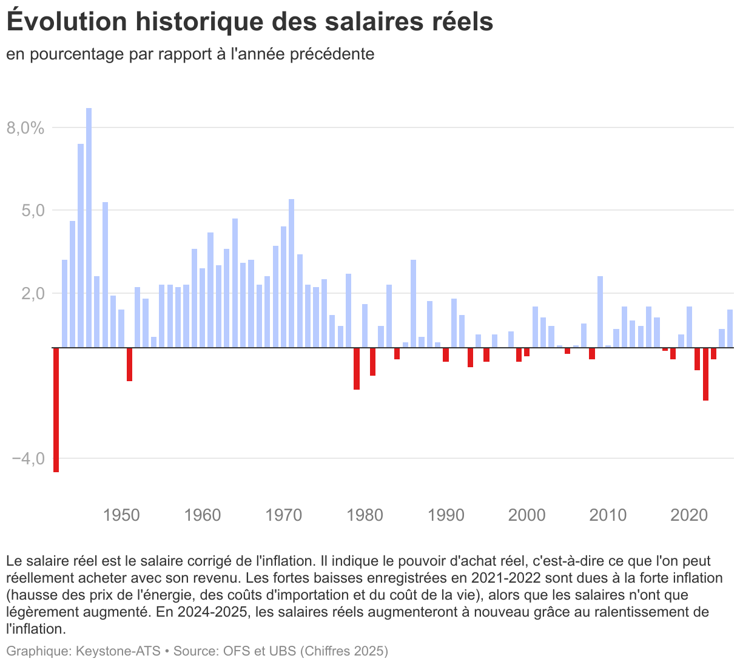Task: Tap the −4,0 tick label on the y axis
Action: (28, 458)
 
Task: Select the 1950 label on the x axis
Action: (121, 515)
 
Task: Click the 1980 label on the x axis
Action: (365, 515)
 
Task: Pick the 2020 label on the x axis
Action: (689, 515)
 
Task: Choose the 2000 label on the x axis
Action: (526, 515)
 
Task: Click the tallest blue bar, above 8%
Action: (89, 228)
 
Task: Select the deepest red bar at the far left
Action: (56, 410)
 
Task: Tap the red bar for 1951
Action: (129, 364)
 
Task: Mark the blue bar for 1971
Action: (291, 273)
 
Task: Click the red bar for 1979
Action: (357, 368)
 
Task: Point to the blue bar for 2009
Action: (600, 312)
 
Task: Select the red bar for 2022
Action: (705, 374)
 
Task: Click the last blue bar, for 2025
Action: (730, 328)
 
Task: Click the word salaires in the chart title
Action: (380, 22)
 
